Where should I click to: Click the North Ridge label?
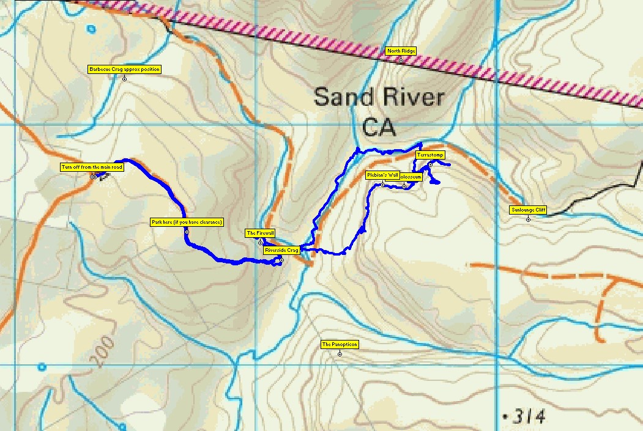coord(401,51)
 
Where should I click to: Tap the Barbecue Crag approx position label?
coord(124,70)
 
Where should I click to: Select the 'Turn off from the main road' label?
coord(92,167)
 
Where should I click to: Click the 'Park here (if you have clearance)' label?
coord(187,222)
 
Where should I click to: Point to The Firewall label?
coord(260,233)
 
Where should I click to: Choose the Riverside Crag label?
coord(281,250)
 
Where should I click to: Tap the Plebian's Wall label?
coord(382,175)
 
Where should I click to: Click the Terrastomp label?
coord(430,155)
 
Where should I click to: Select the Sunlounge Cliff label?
coord(528,210)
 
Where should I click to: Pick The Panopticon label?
coord(340,345)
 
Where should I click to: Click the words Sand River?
coord(379,97)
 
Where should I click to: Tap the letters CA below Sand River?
coord(379,128)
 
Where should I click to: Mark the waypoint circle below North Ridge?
coord(401,61)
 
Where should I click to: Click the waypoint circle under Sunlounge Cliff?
coord(528,219)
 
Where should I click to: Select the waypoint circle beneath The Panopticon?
coord(340,353)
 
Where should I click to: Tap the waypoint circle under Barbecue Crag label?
coord(124,78)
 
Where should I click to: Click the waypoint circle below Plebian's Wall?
coord(382,185)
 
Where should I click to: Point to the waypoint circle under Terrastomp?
coord(430,164)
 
